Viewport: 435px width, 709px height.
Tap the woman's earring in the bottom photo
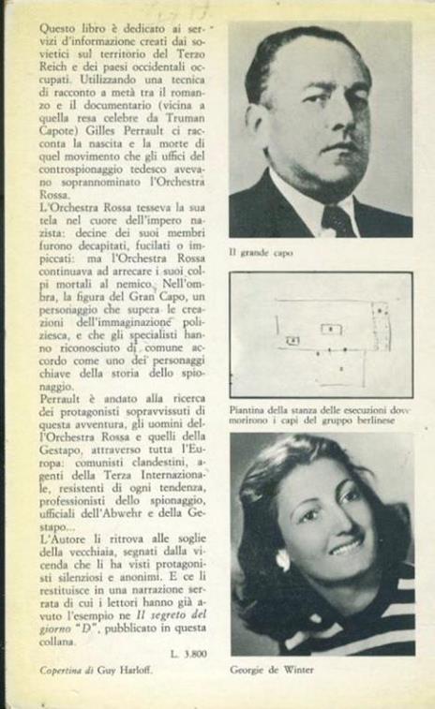tap(282, 560)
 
